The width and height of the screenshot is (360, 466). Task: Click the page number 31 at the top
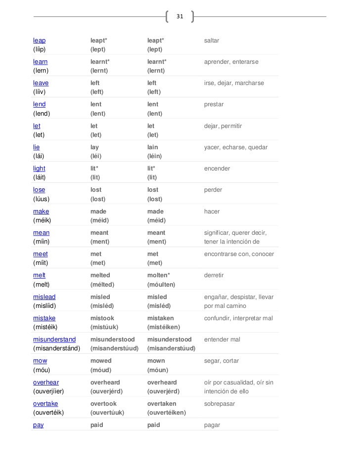[x=180, y=17]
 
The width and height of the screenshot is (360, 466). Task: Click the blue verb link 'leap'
[x=39, y=40]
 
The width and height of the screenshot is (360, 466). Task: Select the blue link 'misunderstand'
[x=54, y=339]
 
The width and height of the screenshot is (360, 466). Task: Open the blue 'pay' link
[x=38, y=425]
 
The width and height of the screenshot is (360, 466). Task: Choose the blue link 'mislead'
[x=44, y=297]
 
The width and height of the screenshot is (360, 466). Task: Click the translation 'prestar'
[x=214, y=104]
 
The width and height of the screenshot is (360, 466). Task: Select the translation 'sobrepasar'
[x=219, y=404]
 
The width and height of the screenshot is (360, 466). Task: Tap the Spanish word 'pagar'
[x=212, y=425]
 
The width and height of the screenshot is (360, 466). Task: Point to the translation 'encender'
[x=217, y=169]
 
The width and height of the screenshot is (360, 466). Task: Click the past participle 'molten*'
[x=160, y=275]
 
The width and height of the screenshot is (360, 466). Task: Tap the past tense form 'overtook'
[x=104, y=404]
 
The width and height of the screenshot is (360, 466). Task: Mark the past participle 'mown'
[x=156, y=361]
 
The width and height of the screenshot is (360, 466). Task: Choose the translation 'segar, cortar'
[x=222, y=361]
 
